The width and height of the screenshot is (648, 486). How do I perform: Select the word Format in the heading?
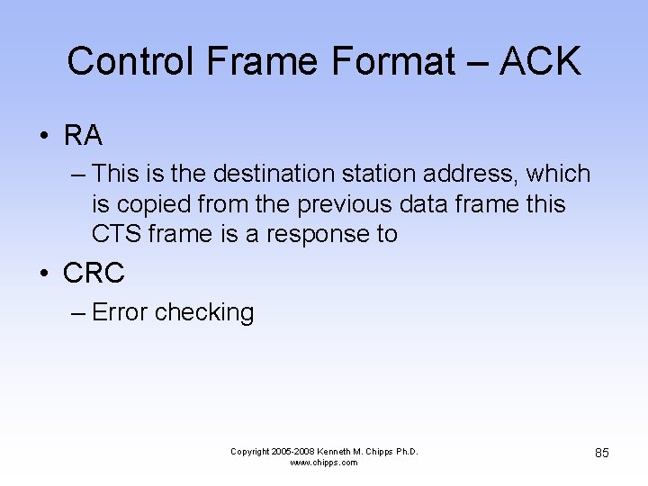tap(393, 62)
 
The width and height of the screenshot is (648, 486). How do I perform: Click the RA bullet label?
tap(83, 136)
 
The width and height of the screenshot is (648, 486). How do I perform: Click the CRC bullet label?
tap(94, 273)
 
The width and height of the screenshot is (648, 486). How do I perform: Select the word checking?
tap(204, 312)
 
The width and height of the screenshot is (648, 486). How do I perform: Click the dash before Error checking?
tap(76, 312)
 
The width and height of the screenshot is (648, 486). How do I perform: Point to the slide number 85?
tap(601, 453)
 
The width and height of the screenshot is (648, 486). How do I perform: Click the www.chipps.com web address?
tap(324, 463)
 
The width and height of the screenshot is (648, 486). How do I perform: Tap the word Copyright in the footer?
tap(256, 451)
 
